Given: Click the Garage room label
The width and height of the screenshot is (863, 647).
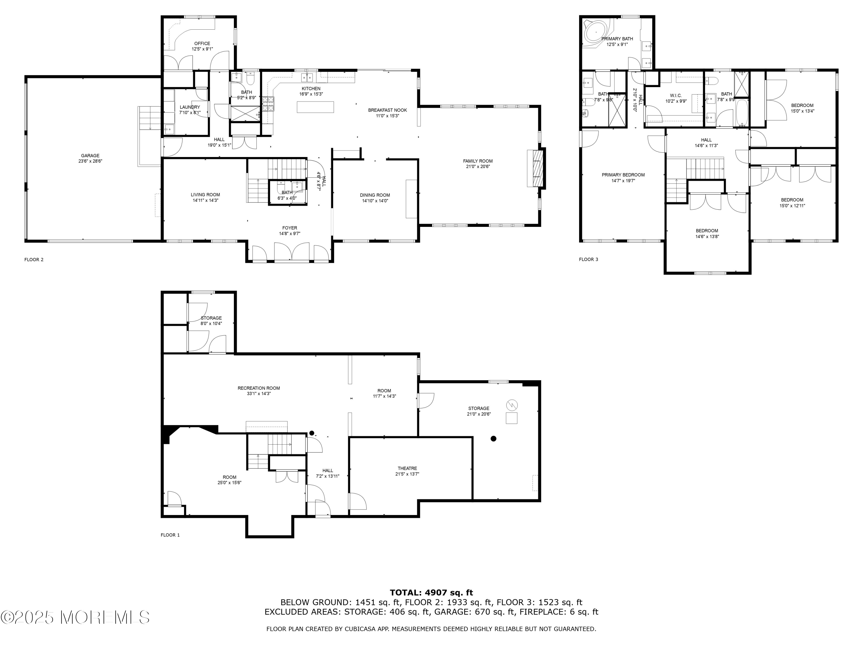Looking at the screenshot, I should click(x=90, y=156).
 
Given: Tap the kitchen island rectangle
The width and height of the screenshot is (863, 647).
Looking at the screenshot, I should click(x=315, y=107).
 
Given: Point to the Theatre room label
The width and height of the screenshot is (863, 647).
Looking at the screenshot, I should click(x=407, y=468).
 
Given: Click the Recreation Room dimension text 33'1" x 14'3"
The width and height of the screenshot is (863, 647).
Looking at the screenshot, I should click(x=259, y=394).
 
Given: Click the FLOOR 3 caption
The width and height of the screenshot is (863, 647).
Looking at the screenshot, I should click(x=588, y=259).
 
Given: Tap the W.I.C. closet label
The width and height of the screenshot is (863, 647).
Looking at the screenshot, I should click(x=676, y=95).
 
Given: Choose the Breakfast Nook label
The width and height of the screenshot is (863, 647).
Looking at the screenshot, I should click(x=387, y=110).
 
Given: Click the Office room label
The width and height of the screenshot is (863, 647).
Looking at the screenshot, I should click(x=202, y=44).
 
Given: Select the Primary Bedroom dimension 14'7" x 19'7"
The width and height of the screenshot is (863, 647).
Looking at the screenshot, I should click(x=623, y=181).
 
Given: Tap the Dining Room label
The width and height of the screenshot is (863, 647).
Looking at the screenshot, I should click(x=375, y=195).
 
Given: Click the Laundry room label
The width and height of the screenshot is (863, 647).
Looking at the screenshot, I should click(x=190, y=107).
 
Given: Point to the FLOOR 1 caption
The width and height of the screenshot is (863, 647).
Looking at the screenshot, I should click(x=170, y=535).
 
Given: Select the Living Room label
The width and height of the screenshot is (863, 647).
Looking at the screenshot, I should click(x=205, y=195).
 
